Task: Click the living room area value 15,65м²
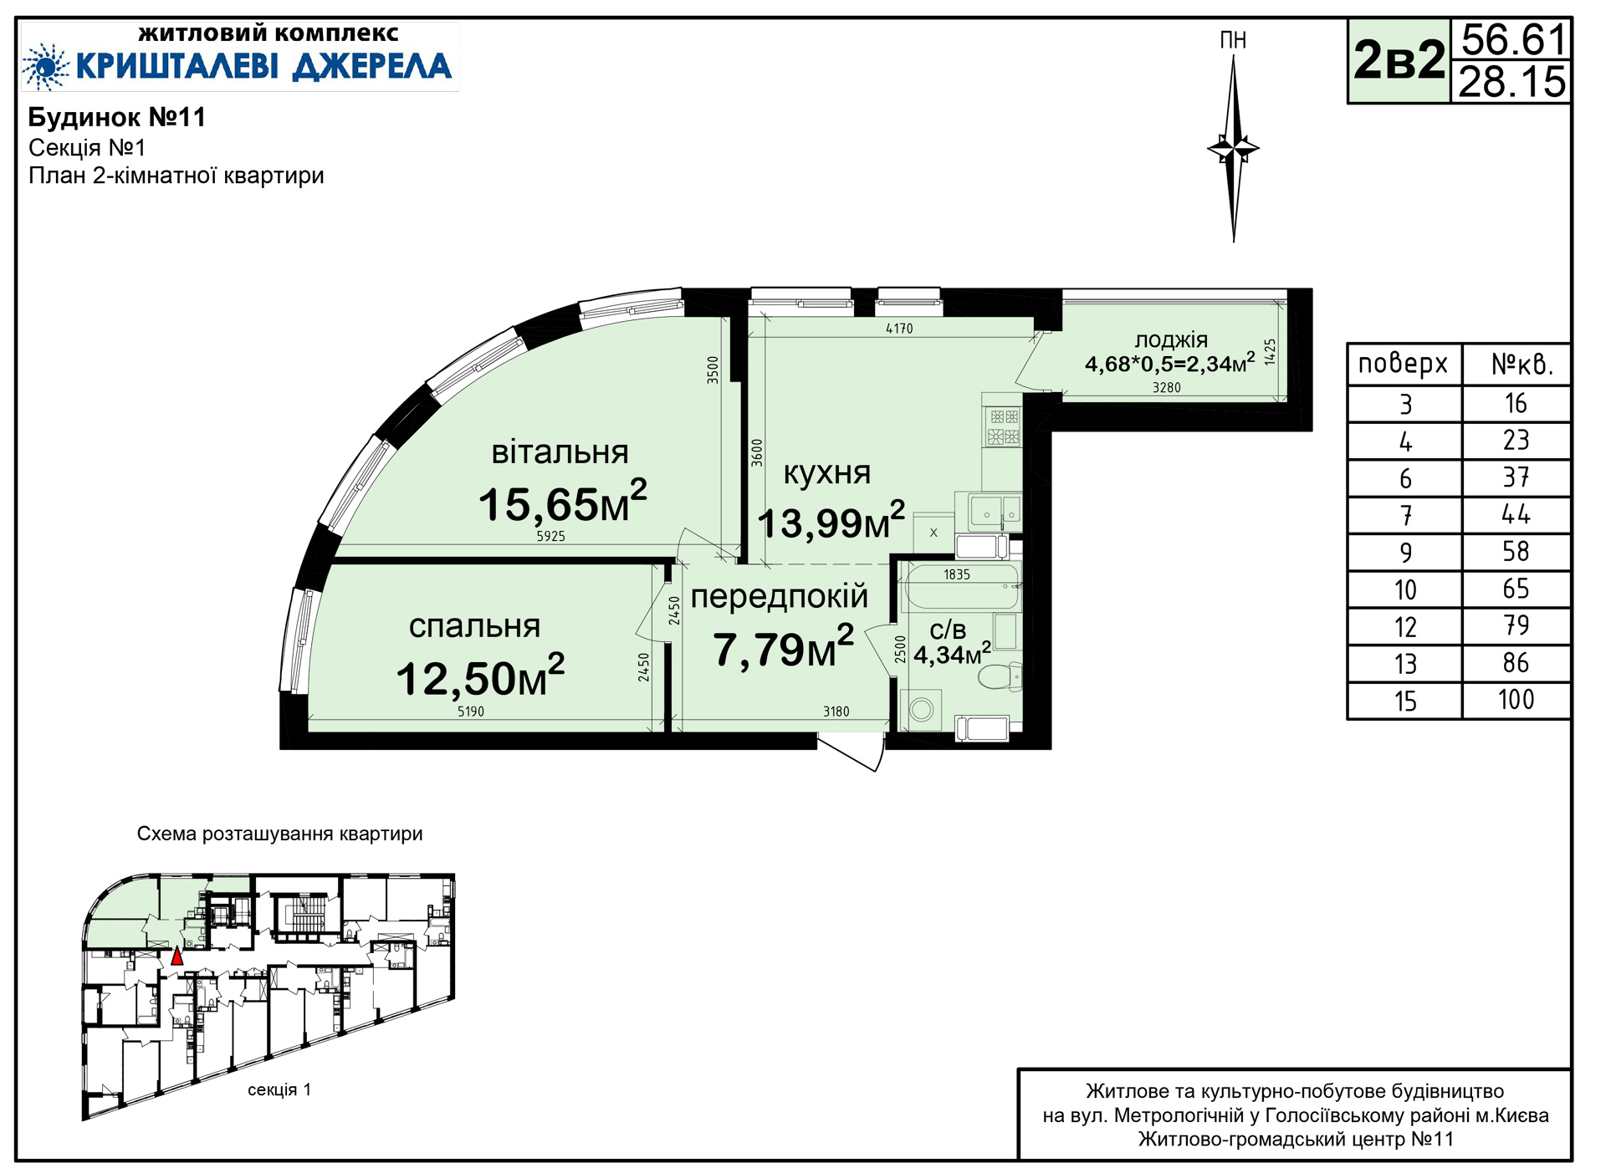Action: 562,502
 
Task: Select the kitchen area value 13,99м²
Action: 831,521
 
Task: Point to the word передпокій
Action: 779,596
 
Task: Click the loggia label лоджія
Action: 1171,339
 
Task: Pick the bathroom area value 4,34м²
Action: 952,654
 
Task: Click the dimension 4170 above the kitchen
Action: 899,329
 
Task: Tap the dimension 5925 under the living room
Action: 551,537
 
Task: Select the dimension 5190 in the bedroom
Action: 471,712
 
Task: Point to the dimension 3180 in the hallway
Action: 836,712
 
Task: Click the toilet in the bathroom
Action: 1000,676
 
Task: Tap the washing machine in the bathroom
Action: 921,710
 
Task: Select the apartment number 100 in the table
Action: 1516,700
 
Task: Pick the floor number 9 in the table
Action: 1405,553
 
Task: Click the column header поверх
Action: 1403,364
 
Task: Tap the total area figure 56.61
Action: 1513,39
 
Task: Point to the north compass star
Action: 1233,149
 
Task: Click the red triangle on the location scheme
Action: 176,956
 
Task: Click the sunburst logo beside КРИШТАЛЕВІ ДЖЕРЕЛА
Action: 45,66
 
